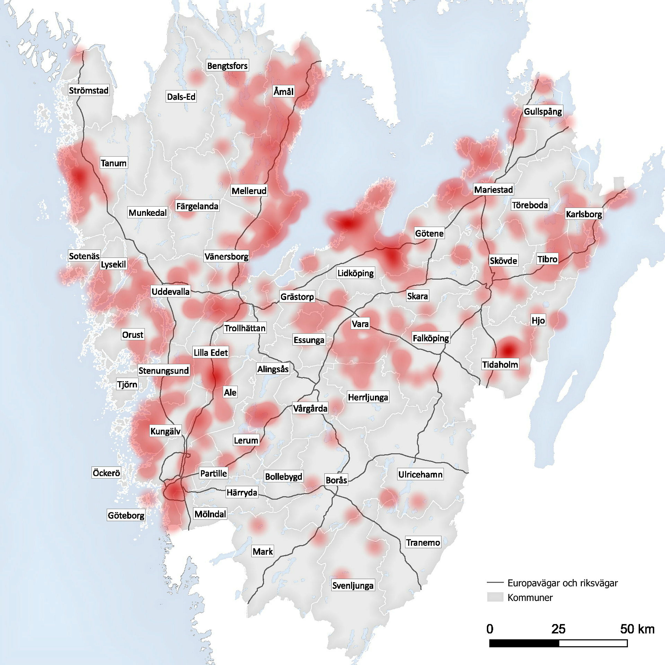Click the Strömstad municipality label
click(x=88, y=91)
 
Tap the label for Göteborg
click(x=126, y=515)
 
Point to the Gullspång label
click(x=543, y=111)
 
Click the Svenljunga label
click(x=352, y=585)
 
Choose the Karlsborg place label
click(x=584, y=214)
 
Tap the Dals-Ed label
click(x=181, y=97)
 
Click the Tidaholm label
click(x=500, y=364)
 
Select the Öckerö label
click(x=106, y=473)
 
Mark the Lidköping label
click(x=355, y=273)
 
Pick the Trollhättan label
click(x=245, y=328)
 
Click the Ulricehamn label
click(x=420, y=474)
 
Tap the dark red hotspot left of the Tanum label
click(x=79, y=177)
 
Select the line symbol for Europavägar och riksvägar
click(x=495, y=583)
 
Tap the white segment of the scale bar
click(x=593, y=643)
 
